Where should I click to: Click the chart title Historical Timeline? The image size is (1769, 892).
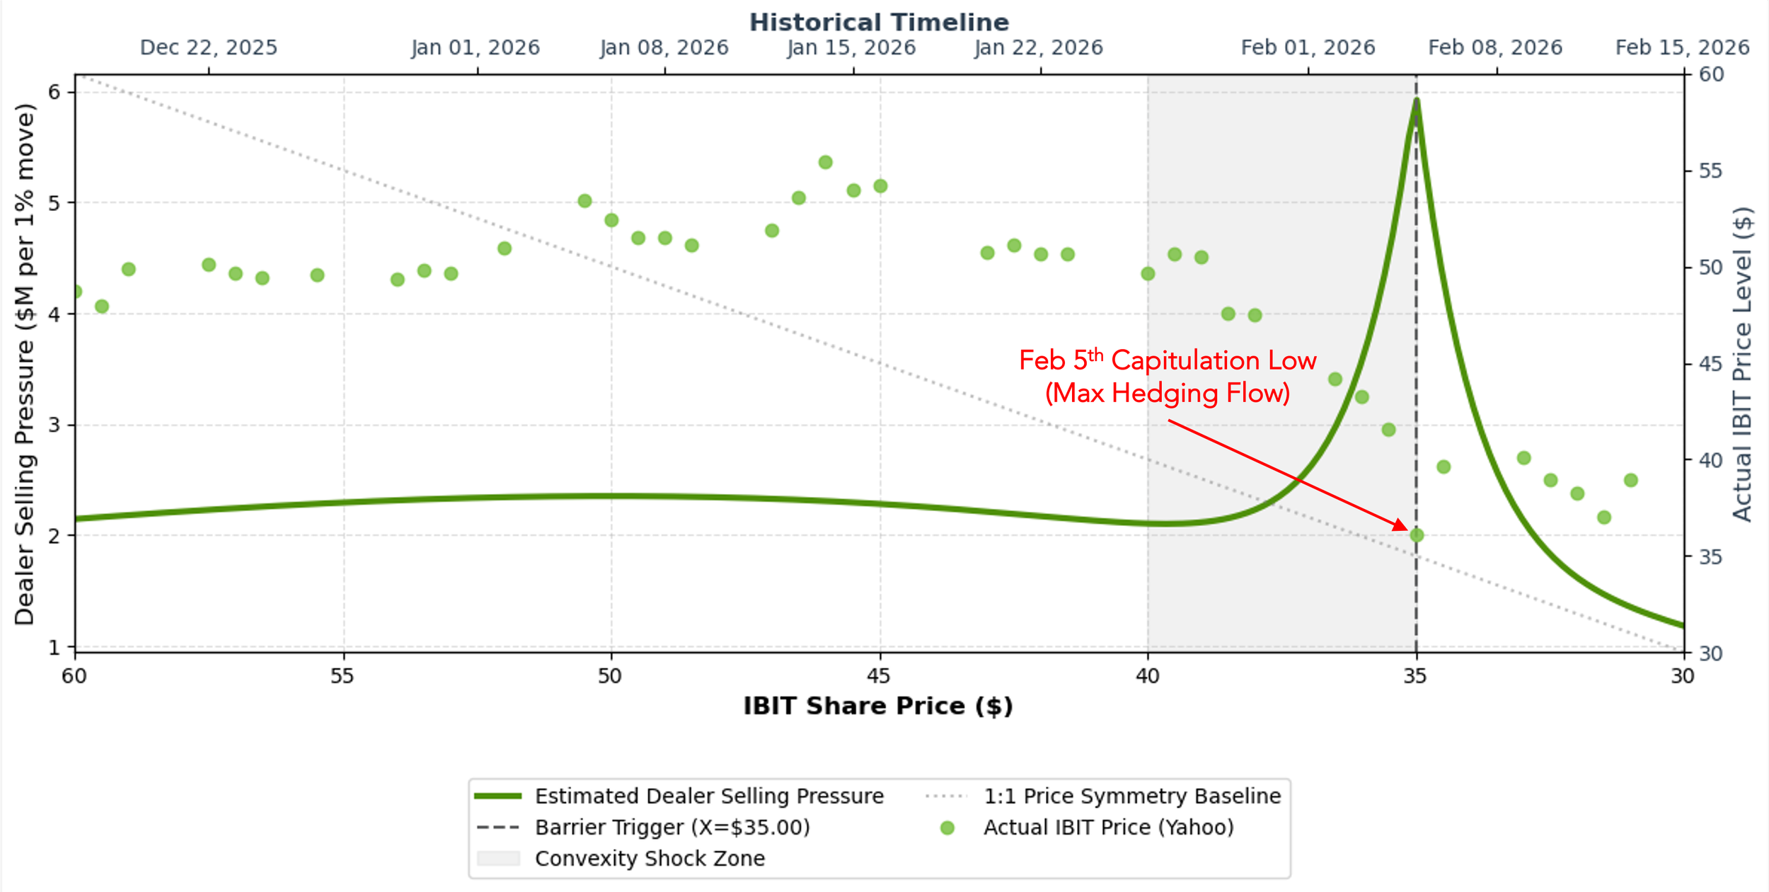pos(879,23)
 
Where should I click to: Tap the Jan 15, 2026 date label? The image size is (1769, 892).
pos(851,48)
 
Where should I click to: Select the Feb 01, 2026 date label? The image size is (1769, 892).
pos(1308,48)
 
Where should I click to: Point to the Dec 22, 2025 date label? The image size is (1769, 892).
pos(209,48)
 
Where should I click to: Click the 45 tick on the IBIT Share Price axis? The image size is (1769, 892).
pos(879,676)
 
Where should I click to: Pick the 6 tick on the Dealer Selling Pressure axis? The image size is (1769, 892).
pos(54,92)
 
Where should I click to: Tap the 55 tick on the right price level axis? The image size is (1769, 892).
pos(1711,171)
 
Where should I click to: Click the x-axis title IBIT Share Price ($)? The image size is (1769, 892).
pos(878,707)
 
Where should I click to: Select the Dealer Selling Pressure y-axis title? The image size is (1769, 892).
pos(25,364)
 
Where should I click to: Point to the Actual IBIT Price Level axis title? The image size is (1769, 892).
pos(1742,364)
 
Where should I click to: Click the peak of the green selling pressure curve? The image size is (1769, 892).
pos(1416,101)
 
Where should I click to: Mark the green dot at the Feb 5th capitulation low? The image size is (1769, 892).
pos(1417,535)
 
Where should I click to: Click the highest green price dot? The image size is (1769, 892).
pos(825,162)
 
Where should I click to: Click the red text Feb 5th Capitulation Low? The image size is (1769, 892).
pos(1168,361)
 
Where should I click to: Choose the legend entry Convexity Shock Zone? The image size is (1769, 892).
pos(650,859)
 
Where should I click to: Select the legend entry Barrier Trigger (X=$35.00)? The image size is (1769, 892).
pos(672,828)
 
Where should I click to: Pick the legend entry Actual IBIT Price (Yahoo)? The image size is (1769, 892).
pos(1108,828)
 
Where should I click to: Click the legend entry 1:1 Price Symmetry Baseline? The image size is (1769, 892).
pos(1132,796)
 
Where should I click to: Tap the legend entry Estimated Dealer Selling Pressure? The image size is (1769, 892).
pos(709,796)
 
